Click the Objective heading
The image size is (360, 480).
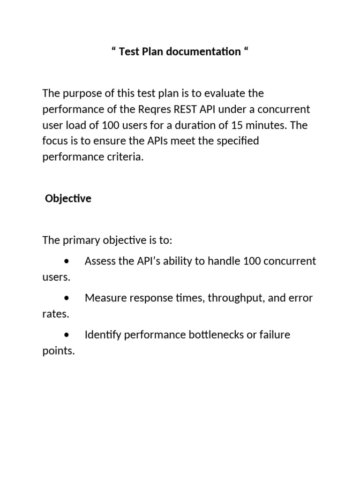(x=68, y=198)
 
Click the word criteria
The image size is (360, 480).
(x=126, y=157)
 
